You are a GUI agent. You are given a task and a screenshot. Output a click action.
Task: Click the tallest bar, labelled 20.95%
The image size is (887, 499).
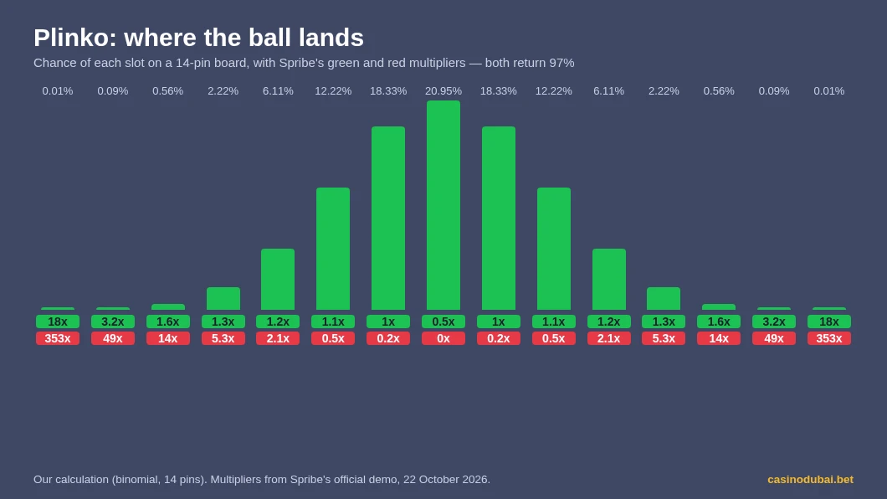443,205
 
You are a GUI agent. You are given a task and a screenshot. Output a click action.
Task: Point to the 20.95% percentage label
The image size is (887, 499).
443,91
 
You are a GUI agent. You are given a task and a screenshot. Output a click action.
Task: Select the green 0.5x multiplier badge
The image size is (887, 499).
443,322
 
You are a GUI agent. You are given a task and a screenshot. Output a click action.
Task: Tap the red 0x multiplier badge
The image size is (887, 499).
443,338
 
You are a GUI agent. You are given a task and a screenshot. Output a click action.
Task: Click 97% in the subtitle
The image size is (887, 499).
561,63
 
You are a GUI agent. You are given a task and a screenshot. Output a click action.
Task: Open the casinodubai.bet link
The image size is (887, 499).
811,480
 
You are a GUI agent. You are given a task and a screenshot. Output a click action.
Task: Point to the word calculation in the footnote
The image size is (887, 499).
81,480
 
